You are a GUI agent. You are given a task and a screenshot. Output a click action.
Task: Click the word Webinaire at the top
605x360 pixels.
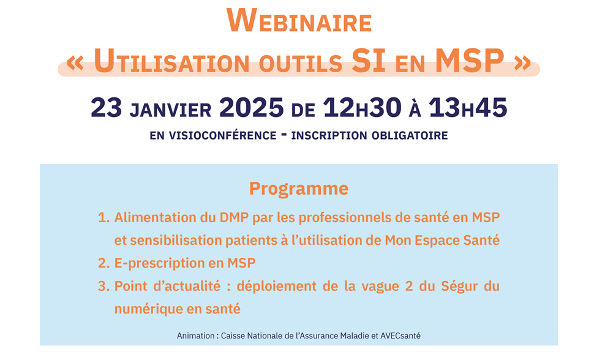point(299,21)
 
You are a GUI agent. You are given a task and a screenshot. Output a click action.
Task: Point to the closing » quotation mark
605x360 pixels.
point(523,63)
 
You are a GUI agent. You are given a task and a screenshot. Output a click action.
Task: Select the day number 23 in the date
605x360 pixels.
point(107,107)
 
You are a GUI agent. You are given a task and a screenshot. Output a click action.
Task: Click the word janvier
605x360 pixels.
point(170,110)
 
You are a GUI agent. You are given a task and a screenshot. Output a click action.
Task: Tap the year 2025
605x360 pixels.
point(251,107)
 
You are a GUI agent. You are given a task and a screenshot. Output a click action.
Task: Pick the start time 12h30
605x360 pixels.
point(362,107)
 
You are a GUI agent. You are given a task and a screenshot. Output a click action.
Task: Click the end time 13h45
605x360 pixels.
point(468,107)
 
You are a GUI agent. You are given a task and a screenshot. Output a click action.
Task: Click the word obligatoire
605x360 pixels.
point(410,135)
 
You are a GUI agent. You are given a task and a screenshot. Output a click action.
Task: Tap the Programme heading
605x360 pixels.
point(299,189)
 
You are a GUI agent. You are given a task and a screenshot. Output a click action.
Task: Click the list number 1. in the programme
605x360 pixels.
point(103,217)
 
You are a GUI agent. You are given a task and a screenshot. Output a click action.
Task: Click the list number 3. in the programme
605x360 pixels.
point(103,287)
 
